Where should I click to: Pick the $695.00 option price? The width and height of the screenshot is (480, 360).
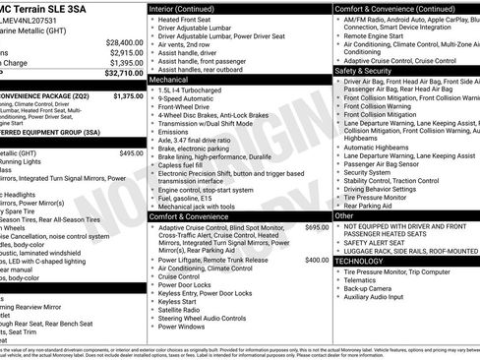click(317, 227)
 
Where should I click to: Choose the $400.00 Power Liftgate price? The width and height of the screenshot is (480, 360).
click(317, 260)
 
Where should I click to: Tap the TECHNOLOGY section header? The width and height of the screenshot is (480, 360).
click(359, 261)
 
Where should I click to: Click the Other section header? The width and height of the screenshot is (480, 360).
click(344, 214)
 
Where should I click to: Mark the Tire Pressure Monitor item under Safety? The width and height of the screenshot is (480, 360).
click(381, 197)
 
